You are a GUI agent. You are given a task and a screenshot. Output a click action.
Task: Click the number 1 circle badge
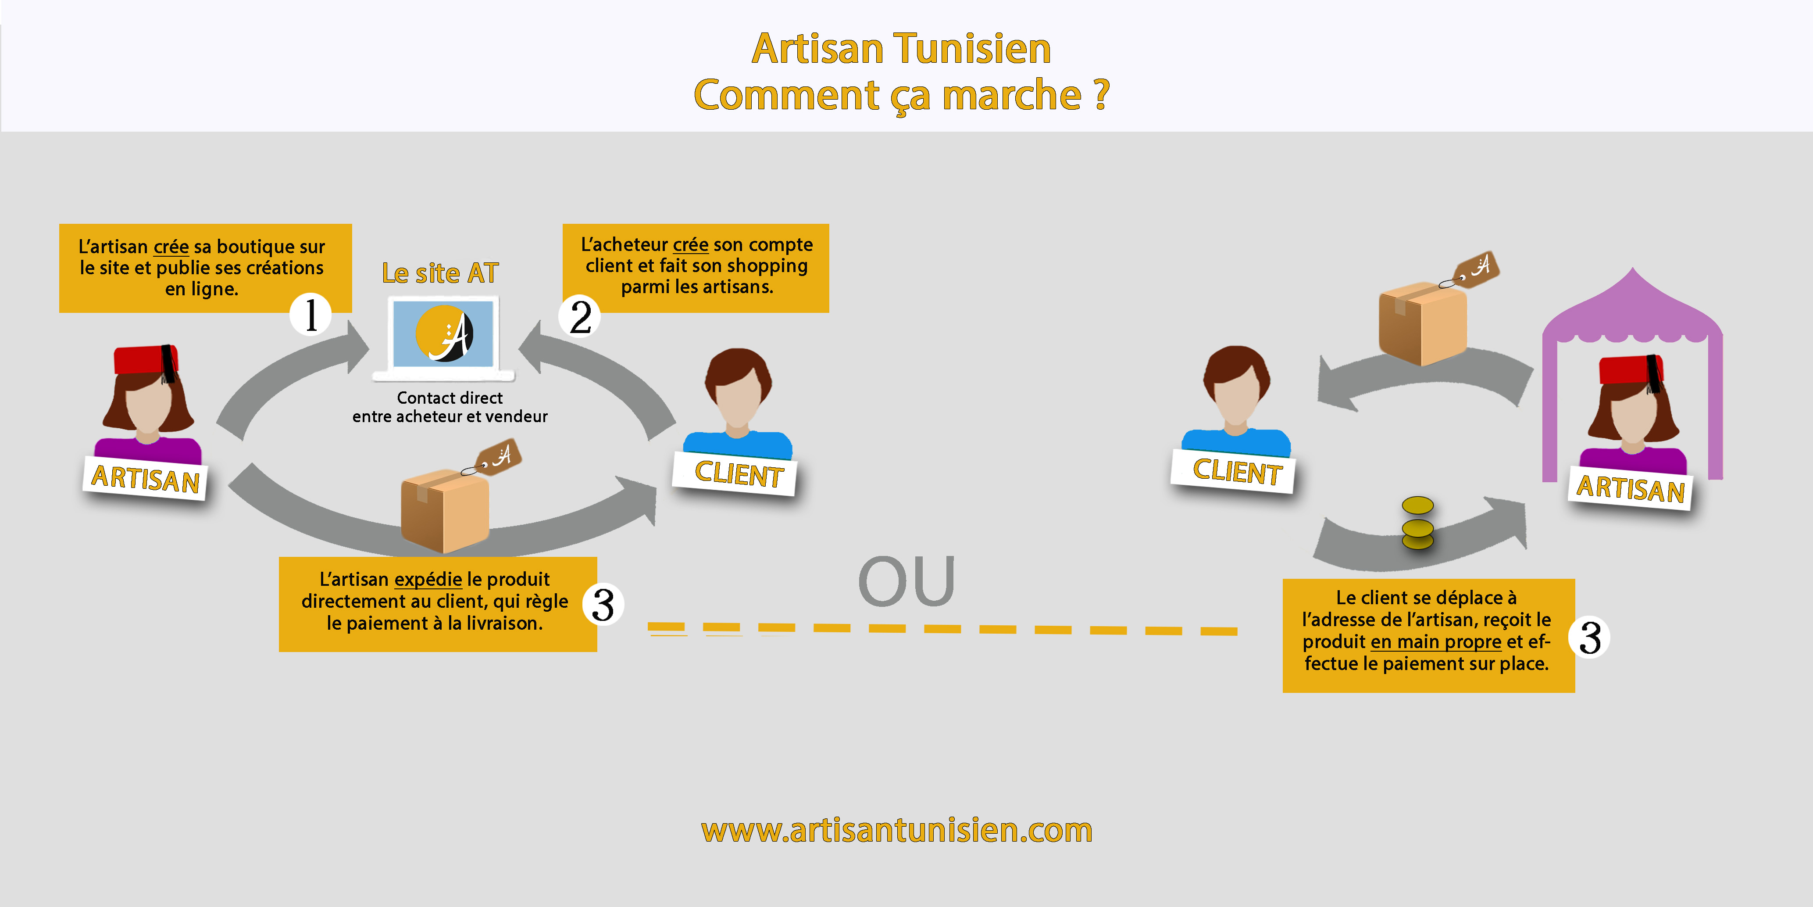tap(310, 314)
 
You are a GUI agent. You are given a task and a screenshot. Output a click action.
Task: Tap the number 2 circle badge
tap(579, 317)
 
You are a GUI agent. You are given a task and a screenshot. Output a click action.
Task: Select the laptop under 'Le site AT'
tap(443, 337)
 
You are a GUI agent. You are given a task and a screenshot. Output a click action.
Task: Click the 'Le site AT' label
tap(440, 273)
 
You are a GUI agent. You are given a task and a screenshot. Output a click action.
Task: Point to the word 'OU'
tap(906, 582)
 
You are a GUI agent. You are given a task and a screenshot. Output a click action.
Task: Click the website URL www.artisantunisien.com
tap(897, 830)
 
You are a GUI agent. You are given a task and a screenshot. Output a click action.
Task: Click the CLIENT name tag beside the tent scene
tap(1237, 471)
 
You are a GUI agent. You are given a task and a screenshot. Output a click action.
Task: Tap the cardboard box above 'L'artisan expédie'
tap(444, 510)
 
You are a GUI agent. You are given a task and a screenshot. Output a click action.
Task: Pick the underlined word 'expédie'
tap(428, 580)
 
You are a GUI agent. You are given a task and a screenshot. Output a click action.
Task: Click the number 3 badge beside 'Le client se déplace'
tap(1589, 638)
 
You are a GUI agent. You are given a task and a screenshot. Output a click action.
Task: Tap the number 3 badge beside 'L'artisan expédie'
tap(603, 604)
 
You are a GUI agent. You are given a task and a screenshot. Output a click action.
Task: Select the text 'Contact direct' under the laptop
tap(450, 398)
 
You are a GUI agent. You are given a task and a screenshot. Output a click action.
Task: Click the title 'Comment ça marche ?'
tap(901, 95)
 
